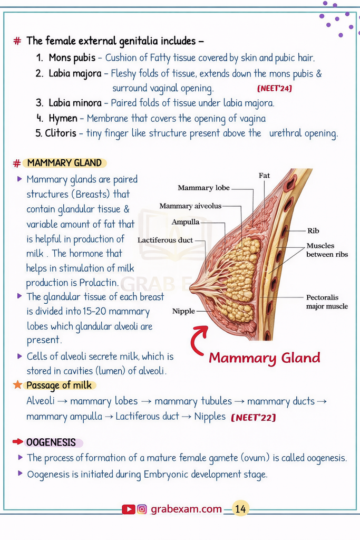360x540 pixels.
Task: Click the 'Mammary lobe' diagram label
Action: tap(203, 188)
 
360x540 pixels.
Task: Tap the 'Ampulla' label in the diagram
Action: tap(186, 222)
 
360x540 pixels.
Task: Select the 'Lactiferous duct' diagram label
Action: tap(166, 240)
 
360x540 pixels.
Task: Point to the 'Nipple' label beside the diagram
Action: tap(183, 311)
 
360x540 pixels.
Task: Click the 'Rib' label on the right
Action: tap(313, 230)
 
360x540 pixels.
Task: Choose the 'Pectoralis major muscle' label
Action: tap(327, 302)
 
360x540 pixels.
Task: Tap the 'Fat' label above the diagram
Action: tap(264, 175)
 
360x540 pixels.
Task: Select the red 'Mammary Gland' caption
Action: tap(264, 358)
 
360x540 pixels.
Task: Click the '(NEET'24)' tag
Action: tap(274, 88)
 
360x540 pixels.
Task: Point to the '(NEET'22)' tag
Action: tap(253, 418)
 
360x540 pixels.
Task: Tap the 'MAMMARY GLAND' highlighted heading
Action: tap(64, 163)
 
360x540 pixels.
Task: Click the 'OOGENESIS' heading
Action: tap(51, 442)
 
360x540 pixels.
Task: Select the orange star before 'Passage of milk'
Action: tap(18, 384)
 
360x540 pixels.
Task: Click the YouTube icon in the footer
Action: tap(128, 509)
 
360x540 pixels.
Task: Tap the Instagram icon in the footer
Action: tap(142, 509)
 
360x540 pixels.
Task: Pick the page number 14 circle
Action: tap(240, 509)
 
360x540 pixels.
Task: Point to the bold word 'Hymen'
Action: tap(63, 118)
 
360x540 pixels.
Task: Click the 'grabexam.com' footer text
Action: tap(186, 509)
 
